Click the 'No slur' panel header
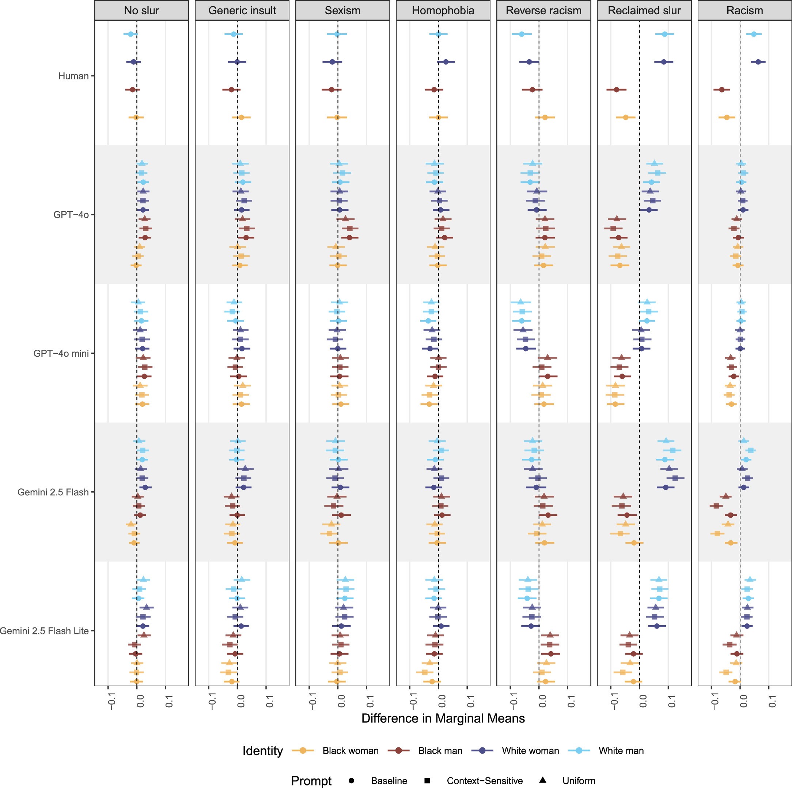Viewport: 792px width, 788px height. tap(141, 10)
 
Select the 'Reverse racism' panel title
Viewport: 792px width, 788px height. tap(543, 10)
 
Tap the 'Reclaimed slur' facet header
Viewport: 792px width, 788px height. tap(644, 10)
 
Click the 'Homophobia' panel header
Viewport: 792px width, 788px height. tap(443, 10)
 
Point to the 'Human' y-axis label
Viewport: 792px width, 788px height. tap(73, 76)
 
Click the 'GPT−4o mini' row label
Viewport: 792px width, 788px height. tap(61, 353)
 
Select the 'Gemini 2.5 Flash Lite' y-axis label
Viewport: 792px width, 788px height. tap(44, 631)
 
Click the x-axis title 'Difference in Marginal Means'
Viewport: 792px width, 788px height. tap(443, 718)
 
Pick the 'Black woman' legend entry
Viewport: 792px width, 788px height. tap(350, 751)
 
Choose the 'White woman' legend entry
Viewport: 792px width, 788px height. tap(530, 751)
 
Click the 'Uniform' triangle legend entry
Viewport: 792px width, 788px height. tap(579, 781)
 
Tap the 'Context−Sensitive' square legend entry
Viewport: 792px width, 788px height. tap(484, 781)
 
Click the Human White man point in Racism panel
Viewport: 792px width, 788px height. tap(754, 34)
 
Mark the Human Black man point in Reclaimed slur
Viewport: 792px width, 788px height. tap(616, 90)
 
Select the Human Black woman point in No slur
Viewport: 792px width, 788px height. tap(136, 117)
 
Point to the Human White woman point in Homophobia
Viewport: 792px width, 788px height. tap(446, 62)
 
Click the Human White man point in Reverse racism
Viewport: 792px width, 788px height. tap(522, 34)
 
